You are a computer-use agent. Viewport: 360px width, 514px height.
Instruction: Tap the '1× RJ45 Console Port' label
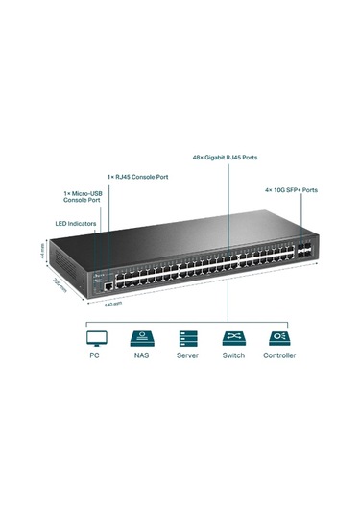136,176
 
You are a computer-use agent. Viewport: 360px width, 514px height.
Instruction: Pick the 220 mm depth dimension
60,286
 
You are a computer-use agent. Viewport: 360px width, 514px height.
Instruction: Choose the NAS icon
141,337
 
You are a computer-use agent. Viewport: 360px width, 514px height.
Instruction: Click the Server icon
186,337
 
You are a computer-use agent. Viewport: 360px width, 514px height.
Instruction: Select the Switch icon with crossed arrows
232,337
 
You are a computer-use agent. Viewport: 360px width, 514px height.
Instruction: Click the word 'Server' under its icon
186,355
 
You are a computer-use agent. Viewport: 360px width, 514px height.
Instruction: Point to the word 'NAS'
141,355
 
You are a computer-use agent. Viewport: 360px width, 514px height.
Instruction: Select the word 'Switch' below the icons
232,355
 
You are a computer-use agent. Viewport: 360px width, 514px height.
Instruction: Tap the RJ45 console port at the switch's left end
109,285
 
